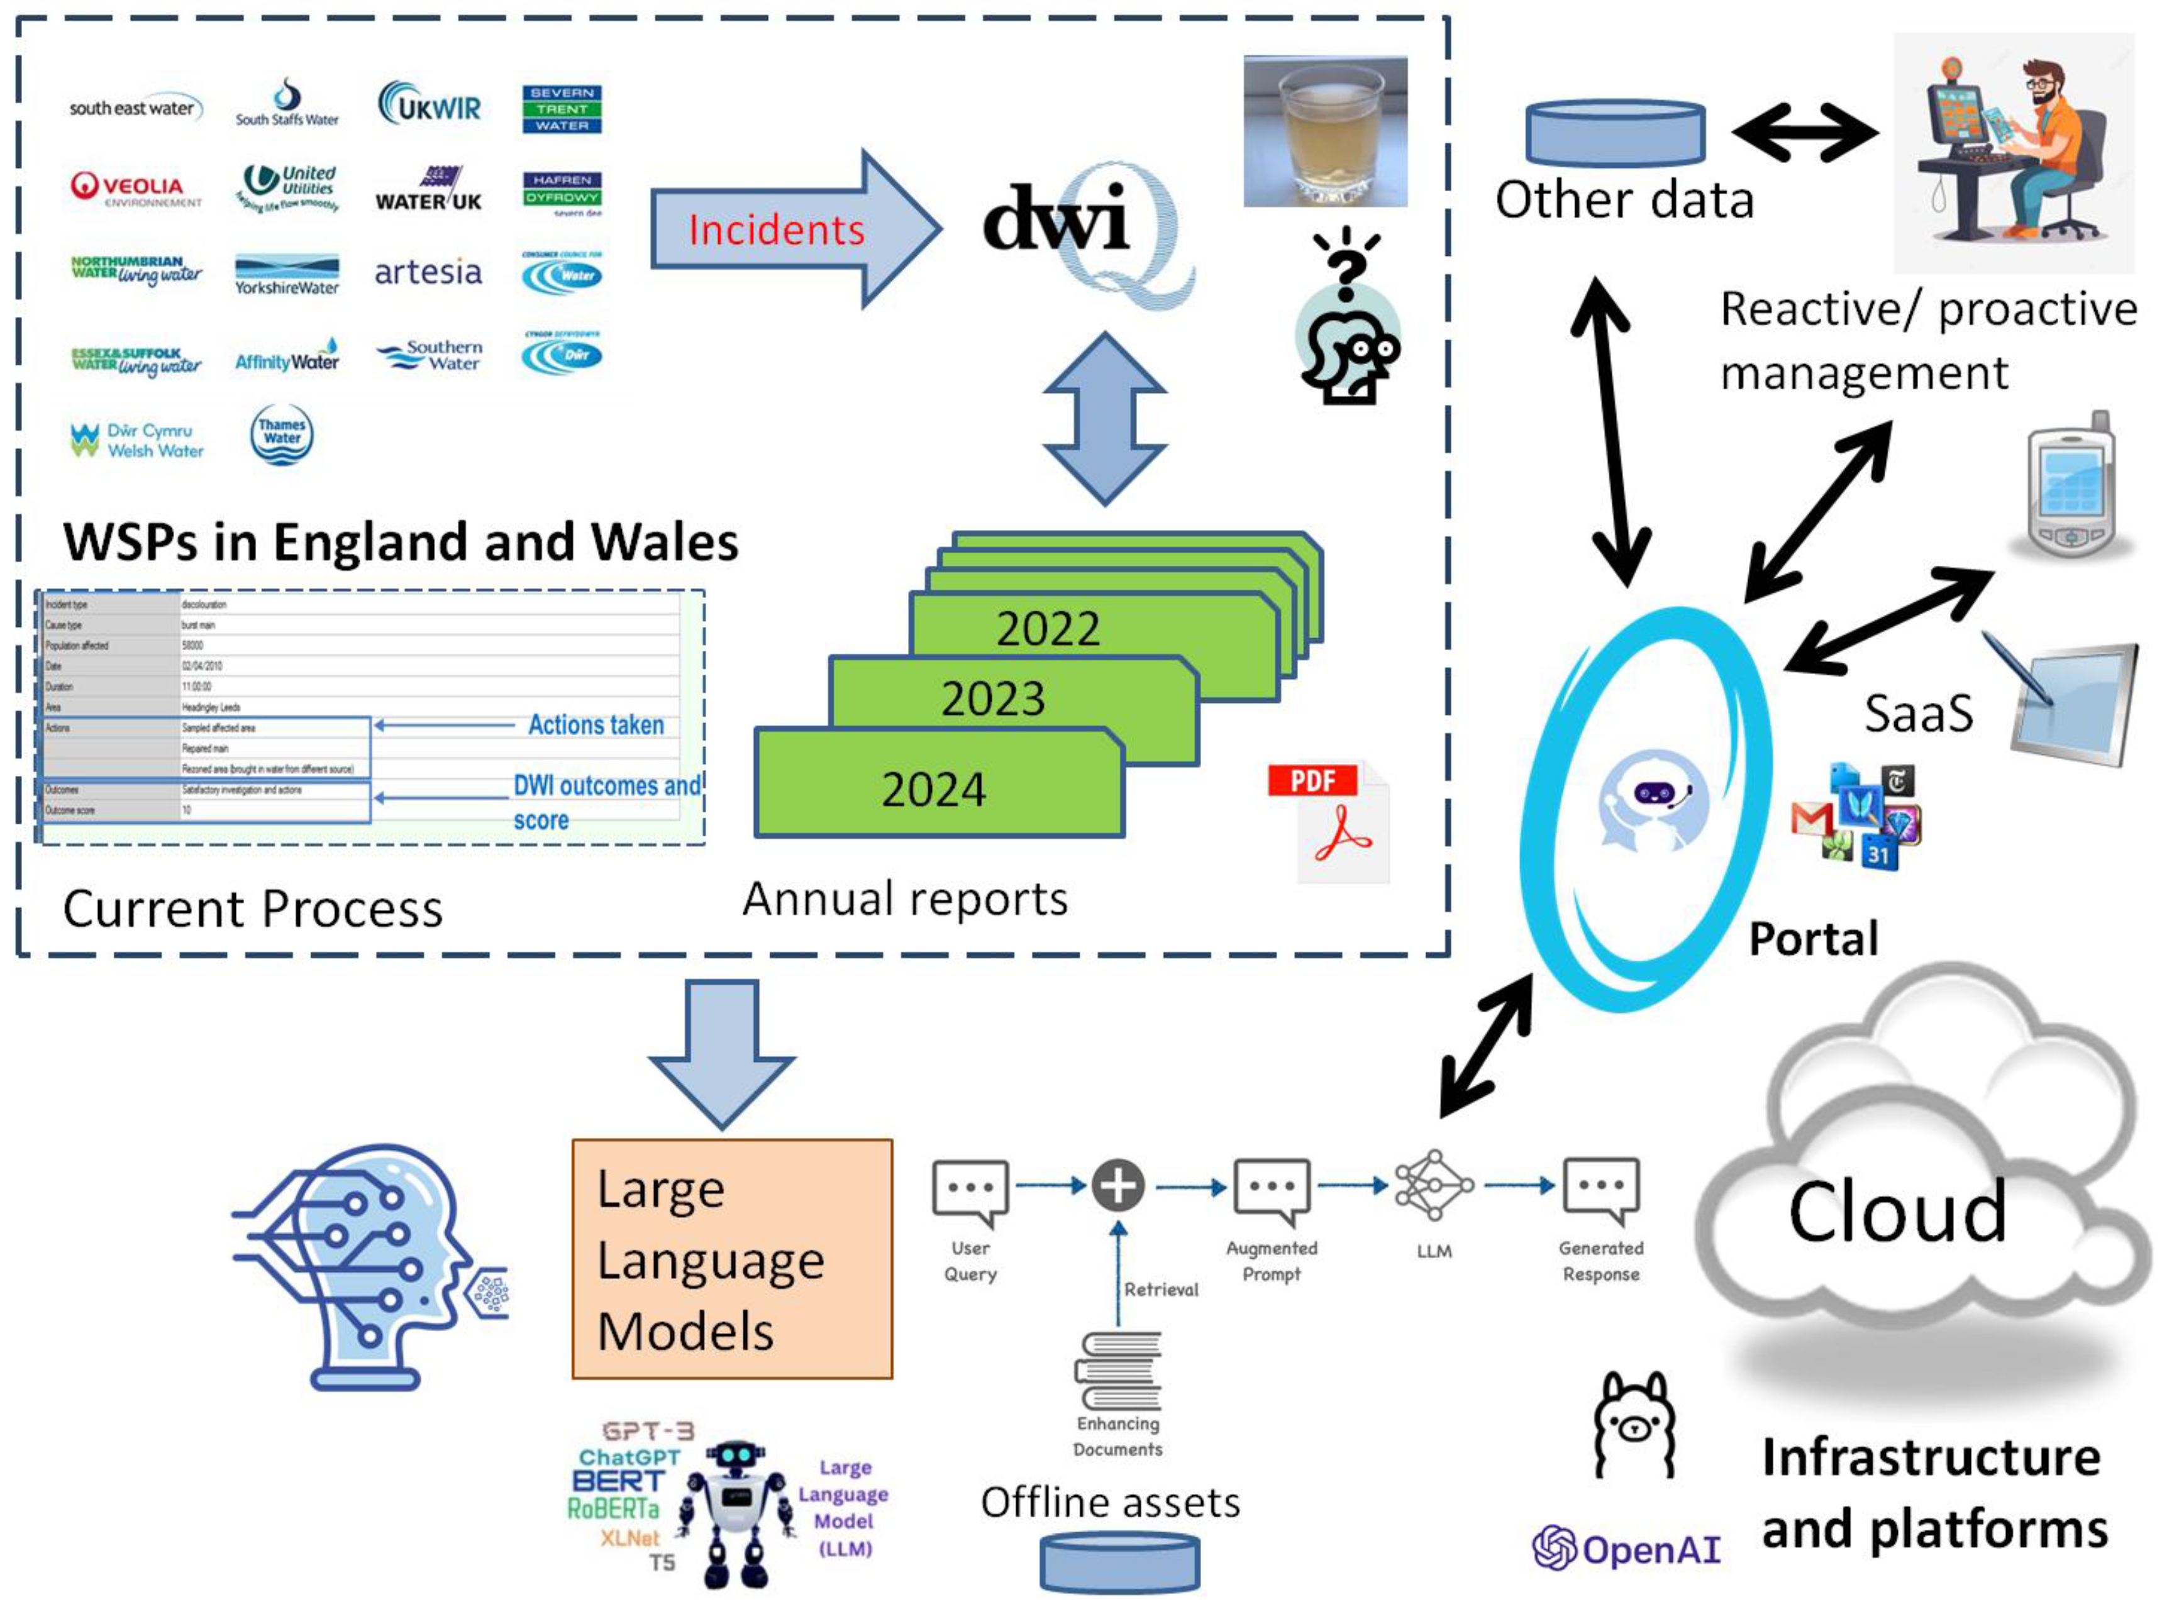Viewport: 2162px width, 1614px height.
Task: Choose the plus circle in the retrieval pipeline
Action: pos(1117,1185)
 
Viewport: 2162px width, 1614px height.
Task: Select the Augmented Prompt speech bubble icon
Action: pos(1270,1189)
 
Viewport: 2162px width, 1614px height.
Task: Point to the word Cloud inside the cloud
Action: pos(1896,1212)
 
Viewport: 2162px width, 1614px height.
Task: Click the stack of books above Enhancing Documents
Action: pos(1119,1370)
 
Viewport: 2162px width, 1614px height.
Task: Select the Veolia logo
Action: pos(135,187)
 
